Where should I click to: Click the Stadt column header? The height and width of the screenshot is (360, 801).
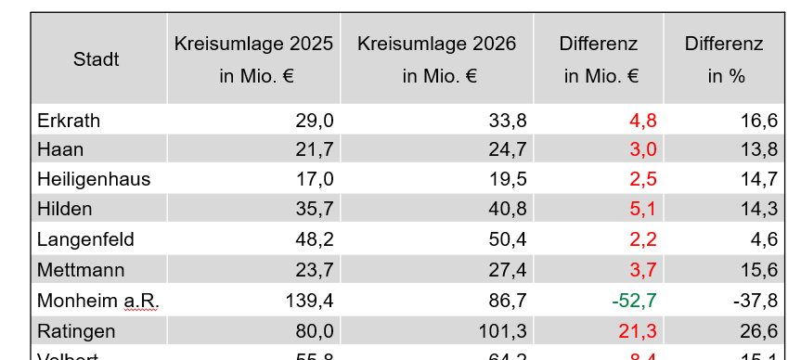click(97, 60)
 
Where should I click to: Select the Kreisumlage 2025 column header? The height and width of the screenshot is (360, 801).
click(254, 60)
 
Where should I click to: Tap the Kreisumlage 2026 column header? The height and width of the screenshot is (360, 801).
click(436, 60)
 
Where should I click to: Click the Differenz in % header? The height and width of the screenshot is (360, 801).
click(724, 60)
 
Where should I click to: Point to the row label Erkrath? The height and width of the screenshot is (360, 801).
click(69, 120)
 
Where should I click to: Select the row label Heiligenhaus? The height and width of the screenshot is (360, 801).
click(94, 179)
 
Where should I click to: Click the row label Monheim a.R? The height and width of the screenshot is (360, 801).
click(97, 301)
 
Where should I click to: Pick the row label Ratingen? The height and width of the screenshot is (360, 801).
click(76, 331)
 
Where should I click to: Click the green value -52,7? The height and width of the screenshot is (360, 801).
click(635, 301)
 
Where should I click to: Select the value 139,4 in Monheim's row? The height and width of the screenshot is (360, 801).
click(312, 301)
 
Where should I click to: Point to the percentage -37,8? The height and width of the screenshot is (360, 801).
click(756, 301)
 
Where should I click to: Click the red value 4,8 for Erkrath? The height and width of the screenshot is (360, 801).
click(643, 120)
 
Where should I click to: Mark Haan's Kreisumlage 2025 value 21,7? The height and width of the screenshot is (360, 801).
click(316, 148)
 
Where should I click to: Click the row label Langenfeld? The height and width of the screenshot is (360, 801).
click(85, 239)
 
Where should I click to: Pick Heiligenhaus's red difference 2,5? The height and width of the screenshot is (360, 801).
click(643, 179)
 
